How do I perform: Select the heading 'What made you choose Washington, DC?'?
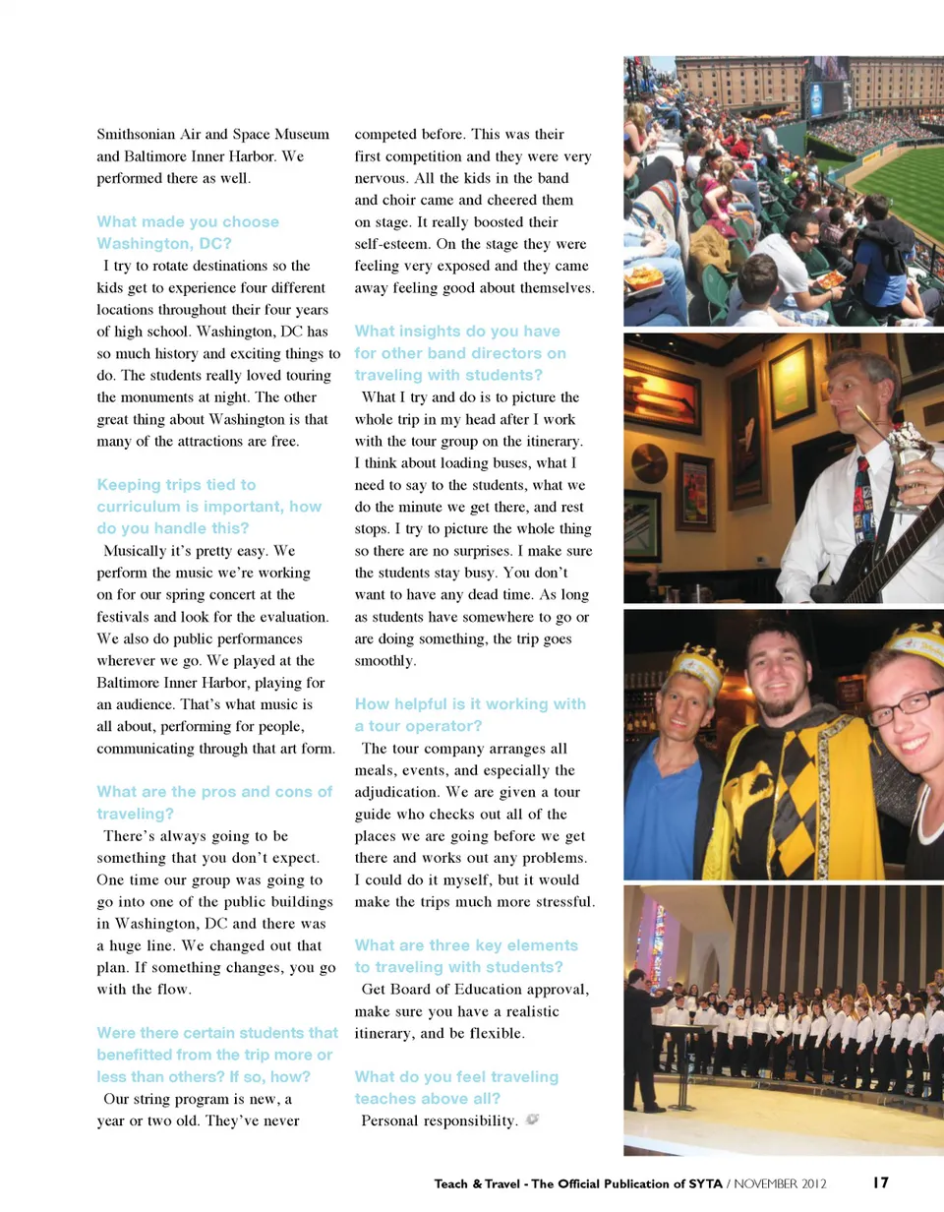(x=187, y=232)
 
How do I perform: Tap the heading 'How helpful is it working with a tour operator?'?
(x=469, y=715)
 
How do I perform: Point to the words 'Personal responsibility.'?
(x=440, y=1121)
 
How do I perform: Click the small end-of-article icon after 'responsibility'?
(x=533, y=1120)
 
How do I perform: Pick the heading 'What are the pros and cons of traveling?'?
(x=214, y=803)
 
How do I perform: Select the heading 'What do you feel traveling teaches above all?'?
(x=455, y=1087)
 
